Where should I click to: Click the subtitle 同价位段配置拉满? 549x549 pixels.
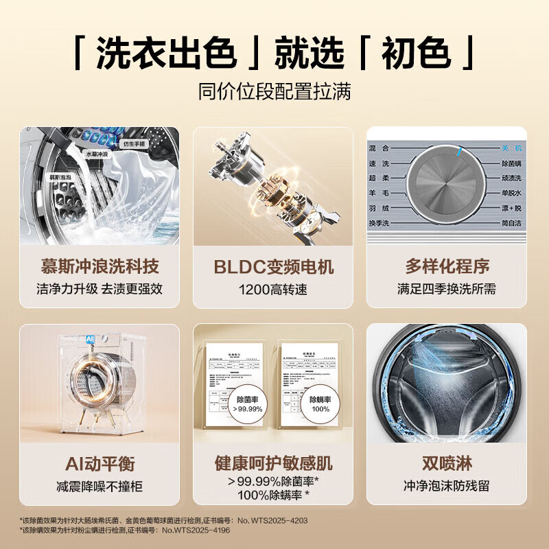click(x=274, y=92)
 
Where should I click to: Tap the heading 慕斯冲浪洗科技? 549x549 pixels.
click(x=100, y=266)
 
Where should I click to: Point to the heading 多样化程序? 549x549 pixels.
click(x=447, y=266)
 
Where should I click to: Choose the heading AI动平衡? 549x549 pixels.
click(x=100, y=464)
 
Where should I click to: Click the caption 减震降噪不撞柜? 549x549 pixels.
click(x=100, y=487)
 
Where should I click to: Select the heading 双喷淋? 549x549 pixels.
click(x=447, y=464)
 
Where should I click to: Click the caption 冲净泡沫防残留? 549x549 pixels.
click(x=447, y=487)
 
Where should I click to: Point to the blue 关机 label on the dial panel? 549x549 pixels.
click(x=511, y=148)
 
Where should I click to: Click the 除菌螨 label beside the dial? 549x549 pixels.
click(x=511, y=163)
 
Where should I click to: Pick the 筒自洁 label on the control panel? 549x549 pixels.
click(x=511, y=224)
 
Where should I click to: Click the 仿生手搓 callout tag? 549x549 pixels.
click(x=135, y=144)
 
